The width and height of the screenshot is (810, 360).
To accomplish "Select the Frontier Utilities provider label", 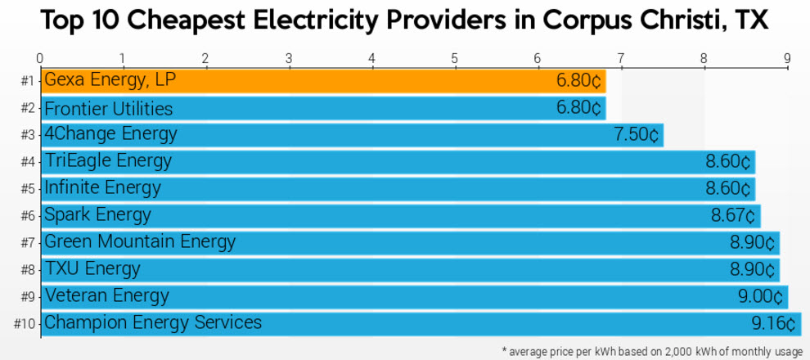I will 108,109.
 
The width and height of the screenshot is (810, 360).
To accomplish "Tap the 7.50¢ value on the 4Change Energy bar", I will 636,135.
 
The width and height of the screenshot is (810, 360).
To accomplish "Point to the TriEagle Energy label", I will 108,160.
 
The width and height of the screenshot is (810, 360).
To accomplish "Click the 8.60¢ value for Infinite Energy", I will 727,188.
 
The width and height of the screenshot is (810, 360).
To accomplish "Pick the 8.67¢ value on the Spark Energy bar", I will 732,215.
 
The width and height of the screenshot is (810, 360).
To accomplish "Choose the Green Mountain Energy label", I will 140,241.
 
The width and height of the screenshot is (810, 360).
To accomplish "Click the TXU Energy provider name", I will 92,268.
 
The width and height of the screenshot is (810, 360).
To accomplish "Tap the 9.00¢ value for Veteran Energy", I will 761,296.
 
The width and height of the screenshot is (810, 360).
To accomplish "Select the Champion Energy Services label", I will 153,322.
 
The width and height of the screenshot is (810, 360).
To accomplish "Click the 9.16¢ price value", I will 773,324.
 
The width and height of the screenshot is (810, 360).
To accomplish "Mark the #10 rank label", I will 25,323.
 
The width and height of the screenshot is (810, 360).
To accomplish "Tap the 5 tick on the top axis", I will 454,58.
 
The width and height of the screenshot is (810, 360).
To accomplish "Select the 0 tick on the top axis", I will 40,58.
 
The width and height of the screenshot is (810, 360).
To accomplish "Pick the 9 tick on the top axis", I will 786,58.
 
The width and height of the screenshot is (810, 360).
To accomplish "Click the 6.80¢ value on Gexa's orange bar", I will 578,82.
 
